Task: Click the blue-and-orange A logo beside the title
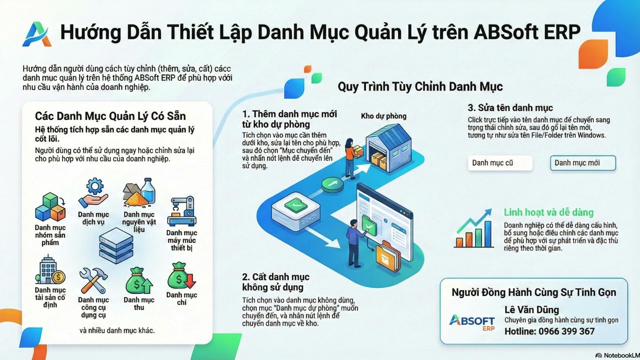[x=36, y=33]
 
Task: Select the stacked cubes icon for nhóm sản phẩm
[x=50, y=207]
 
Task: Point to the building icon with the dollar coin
[x=50, y=270]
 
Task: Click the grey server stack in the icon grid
[x=116, y=245]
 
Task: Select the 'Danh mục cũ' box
[x=500, y=163]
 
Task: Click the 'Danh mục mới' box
[x=583, y=163]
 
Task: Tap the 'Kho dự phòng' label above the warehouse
[x=383, y=116]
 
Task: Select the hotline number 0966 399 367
[x=549, y=331]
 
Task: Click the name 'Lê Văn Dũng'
[x=532, y=309]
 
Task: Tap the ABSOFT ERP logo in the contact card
[x=471, y=322]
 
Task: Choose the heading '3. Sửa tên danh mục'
[x=510, y=107]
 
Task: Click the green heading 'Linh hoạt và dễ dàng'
[x=548, y=212]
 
